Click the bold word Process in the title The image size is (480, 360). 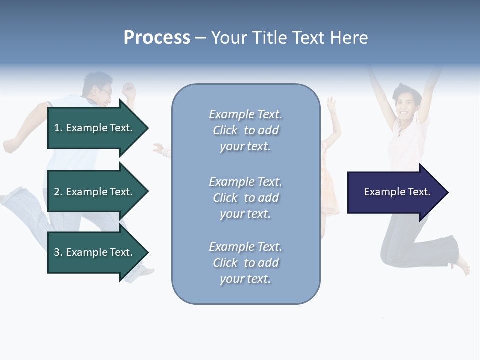[157, 38]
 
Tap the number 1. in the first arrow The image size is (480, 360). [58, 128]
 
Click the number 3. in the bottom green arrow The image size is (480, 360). [58, 252]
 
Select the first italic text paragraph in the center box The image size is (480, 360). [245, 130]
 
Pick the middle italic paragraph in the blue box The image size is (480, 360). [245, 198]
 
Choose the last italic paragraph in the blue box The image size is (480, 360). [245, 263]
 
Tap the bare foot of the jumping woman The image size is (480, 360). [463, 265]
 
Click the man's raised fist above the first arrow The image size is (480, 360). [129, 90]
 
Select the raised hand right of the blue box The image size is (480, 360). [331, 104]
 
